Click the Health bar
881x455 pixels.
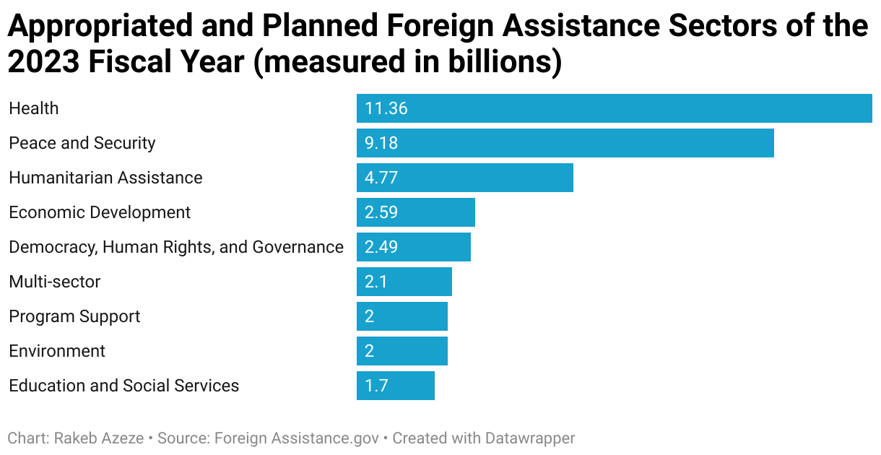point(614,108)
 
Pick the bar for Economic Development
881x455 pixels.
point(415,212)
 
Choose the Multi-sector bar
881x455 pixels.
point(404,282)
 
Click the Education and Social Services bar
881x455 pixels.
point(395,386)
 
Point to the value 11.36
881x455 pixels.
point(386,109)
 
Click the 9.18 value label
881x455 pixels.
point(381,144)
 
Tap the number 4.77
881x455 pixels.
point(381,178)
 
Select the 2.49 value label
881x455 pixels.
point(381,248)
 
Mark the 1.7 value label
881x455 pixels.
point(376,386)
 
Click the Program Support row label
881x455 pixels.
point(74,317)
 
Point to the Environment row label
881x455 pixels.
point(57,352)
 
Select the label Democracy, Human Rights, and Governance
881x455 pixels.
point(176,248)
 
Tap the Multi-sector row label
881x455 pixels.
point(55,282)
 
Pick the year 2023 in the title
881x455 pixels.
point(43,62)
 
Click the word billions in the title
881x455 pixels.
point(495,62)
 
